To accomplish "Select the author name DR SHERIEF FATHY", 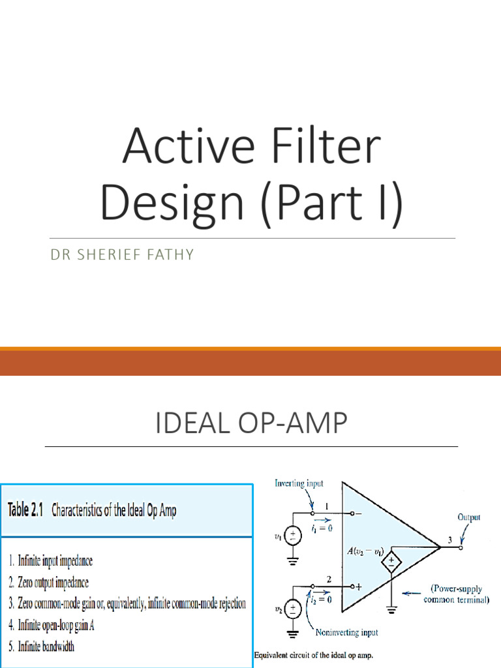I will click(x=122, y=255).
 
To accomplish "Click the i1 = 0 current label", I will click(x=320, y=527).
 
